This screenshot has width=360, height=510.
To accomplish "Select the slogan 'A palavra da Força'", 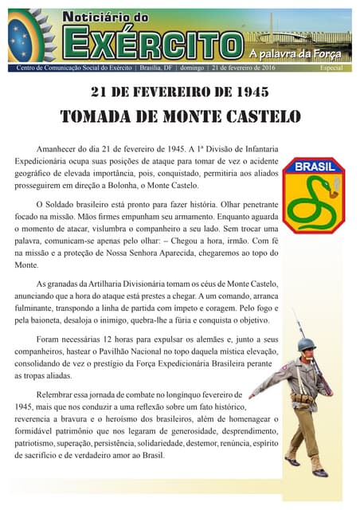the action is (295, 54).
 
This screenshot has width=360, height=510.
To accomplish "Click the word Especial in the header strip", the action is (331, 69).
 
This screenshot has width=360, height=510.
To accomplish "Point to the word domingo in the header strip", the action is (193, 69).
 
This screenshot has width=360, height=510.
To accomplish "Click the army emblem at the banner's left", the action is (30, 35).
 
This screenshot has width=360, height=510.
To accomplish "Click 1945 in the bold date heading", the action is (246, 92).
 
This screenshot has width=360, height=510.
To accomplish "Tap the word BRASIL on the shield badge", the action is (314, 167).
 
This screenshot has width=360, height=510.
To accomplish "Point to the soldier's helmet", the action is (306, 345).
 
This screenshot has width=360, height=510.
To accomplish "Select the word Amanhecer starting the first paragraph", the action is (61, 148).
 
